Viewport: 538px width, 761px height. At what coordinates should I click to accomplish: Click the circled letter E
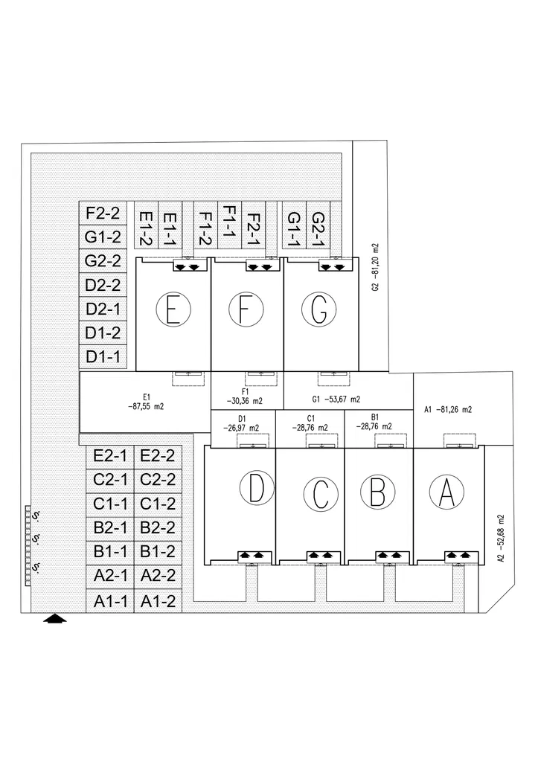(173, 309)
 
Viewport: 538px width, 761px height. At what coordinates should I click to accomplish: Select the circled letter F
(246, 309)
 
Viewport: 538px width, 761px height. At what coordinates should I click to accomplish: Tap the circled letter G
(318, 309)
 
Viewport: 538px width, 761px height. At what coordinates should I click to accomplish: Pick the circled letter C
(321, 493)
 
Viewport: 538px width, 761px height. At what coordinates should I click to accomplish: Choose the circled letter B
(377, 492)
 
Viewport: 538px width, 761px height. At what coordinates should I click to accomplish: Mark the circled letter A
(446, 492)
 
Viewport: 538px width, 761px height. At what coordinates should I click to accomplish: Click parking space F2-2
(103, 213)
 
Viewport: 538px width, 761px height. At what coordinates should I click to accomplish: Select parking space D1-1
(103, 356)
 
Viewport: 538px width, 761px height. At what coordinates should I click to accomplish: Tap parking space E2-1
(111, 456)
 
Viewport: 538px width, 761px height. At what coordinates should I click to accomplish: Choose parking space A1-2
(157, 601)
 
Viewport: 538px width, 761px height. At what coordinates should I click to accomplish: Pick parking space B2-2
(157, 528)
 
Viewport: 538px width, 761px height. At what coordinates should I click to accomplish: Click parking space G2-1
(318, 230)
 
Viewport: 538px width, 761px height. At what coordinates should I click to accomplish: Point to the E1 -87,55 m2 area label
(146, 402)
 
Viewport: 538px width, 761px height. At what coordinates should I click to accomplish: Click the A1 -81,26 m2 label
(448, 409)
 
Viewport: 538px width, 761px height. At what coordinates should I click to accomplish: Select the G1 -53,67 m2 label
(333, 399)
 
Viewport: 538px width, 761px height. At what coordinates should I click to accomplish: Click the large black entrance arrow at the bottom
(56, 617)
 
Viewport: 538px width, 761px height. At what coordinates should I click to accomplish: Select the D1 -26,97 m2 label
(243, 423)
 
